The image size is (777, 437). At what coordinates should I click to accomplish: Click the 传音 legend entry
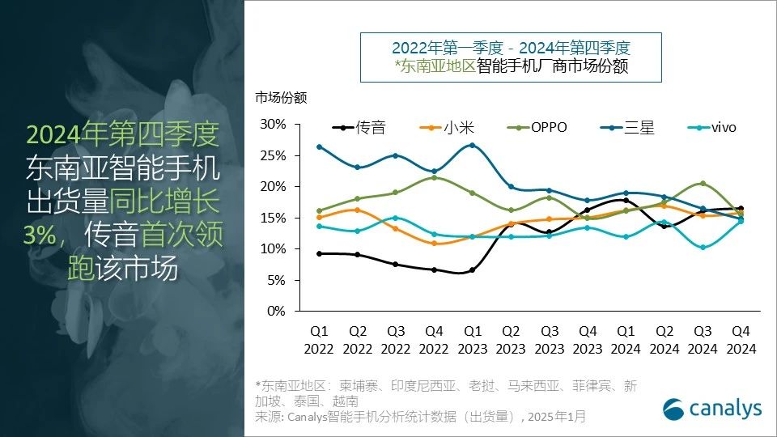359,128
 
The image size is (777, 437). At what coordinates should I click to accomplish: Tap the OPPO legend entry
537,128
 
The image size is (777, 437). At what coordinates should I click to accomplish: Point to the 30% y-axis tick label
274,124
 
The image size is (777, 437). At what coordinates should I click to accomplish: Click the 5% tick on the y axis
277,280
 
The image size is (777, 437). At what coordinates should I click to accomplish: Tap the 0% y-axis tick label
277,312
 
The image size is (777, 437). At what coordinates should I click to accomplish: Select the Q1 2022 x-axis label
319,340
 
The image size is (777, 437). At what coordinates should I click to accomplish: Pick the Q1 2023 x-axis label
472,340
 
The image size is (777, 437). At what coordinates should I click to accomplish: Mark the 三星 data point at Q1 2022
319,146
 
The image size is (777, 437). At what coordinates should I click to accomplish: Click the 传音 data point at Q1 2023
472,270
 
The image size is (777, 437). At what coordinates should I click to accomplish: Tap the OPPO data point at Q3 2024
703,184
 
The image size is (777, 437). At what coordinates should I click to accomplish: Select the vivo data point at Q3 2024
703,247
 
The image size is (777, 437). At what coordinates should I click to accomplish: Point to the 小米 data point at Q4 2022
434,243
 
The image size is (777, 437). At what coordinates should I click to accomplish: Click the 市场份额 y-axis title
281,98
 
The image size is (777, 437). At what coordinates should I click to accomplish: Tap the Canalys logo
712,409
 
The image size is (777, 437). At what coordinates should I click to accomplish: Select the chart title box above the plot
511,57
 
